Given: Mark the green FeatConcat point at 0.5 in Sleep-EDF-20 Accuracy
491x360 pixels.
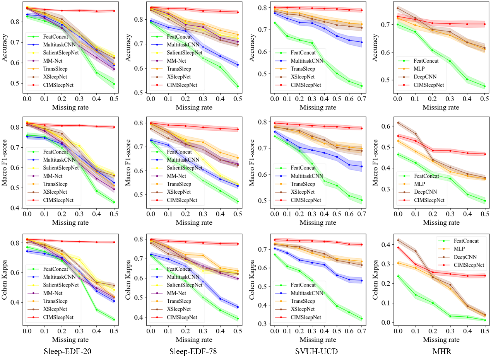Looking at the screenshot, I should point(114,84).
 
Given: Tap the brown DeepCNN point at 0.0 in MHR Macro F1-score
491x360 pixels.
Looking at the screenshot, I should point(397,123).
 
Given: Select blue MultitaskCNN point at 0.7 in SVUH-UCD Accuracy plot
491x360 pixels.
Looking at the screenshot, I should point(361,42).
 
